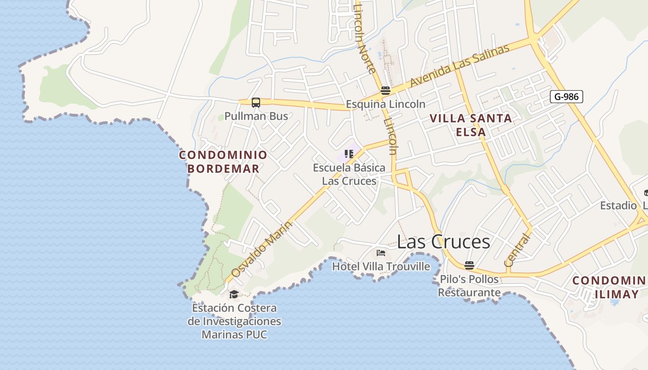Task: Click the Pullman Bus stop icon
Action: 256,102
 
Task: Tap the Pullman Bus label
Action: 256,116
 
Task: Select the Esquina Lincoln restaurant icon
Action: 386,90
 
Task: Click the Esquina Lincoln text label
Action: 386,104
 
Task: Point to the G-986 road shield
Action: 566,97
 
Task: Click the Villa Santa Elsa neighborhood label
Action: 471,125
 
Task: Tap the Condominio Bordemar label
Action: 223,161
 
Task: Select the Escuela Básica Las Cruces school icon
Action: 349,154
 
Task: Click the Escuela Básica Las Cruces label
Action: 349,174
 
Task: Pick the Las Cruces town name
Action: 443,241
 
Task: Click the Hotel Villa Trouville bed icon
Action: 381,253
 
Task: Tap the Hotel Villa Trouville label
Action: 381,266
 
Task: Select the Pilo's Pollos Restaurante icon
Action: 469,265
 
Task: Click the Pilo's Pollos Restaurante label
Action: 469,286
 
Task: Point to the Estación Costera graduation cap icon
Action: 234,294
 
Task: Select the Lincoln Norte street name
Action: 364,38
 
